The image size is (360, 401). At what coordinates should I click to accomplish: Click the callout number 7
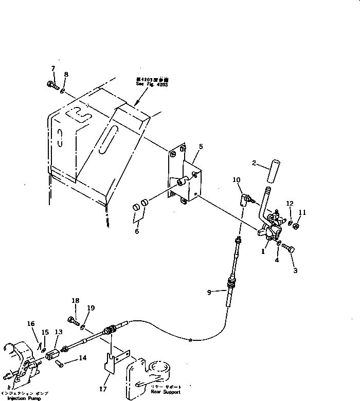tap(52, 69)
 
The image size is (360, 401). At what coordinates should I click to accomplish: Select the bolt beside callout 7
tap(52, 84)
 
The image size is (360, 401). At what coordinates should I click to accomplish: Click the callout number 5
tap(201, 147)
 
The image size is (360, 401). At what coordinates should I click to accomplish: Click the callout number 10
tap(237, 179)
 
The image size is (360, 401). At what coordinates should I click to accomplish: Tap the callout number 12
tap(290, 204)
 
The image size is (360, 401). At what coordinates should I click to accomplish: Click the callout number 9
tap(209, 293)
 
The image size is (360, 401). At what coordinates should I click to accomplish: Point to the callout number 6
tap(136, 231)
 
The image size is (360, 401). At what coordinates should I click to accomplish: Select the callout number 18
tap(76, 301)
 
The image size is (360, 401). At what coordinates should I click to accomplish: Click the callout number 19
tap(91, 308)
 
